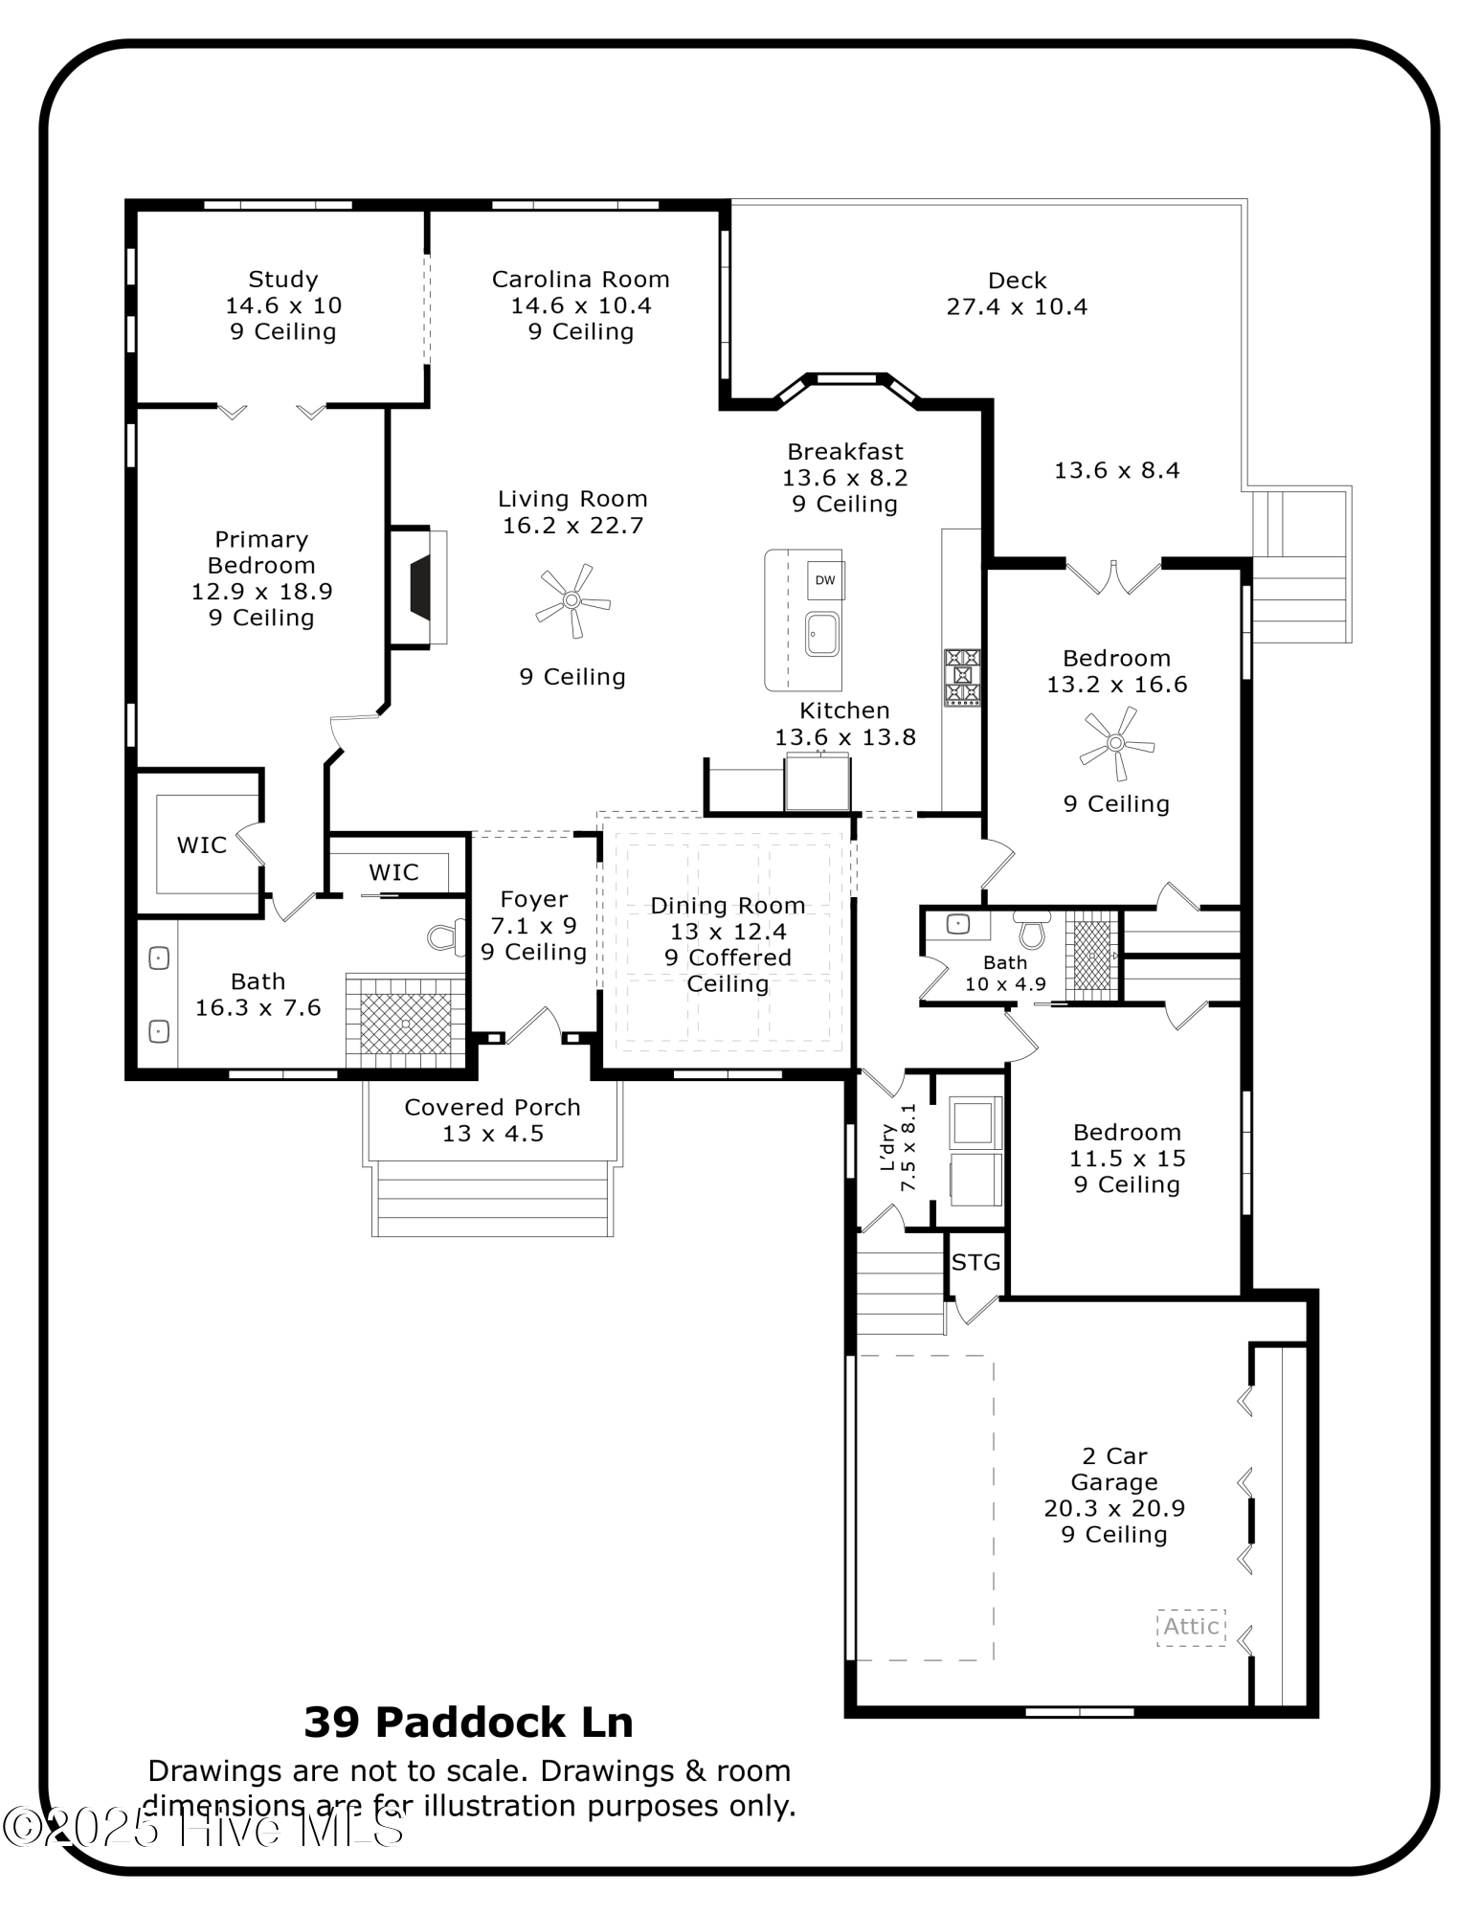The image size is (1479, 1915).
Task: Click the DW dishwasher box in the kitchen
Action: [824, 580]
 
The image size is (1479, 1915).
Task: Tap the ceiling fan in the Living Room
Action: [571, 600]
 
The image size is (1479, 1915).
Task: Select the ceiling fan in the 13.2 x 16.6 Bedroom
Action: [1116, 743]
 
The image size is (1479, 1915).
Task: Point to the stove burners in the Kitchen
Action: [962, 677]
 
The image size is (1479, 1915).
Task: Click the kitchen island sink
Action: [821, 634]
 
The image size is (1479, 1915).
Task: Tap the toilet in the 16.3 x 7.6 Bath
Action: [443, 938]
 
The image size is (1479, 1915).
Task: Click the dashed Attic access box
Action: [1191, 1627]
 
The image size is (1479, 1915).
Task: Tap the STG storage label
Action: [975, 1263]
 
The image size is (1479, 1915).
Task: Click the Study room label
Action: [282, 280]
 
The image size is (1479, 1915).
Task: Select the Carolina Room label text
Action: [580, 280]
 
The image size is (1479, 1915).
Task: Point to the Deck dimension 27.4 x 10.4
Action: [1017, 306]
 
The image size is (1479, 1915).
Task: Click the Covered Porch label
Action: [492, 1108]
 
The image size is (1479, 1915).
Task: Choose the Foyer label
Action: [533, 900]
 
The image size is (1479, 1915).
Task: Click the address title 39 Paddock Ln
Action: [468, 1723]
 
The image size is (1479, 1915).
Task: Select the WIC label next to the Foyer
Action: [393, 872]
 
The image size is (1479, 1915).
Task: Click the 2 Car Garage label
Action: [1114, 1469]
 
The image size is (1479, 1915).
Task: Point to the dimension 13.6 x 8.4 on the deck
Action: [1116, 470]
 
